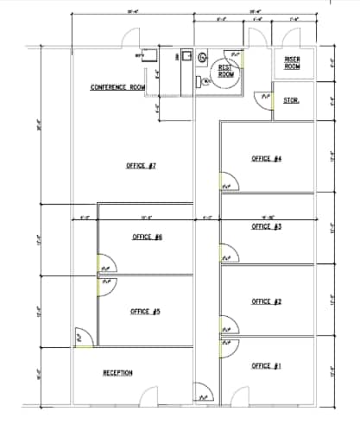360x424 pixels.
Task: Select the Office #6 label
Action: (x=148, y=237)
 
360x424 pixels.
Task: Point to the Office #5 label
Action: (x=146, y=312)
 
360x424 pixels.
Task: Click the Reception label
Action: (x=117, y=373)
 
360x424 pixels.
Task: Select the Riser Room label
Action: (x=292, y=62)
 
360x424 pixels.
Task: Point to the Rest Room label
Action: (x=226, y=71)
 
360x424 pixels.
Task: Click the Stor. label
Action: (x=291, y=101)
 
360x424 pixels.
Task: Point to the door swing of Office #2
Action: (x=228, y=326)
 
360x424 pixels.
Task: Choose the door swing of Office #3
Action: (x=228, y=254)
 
